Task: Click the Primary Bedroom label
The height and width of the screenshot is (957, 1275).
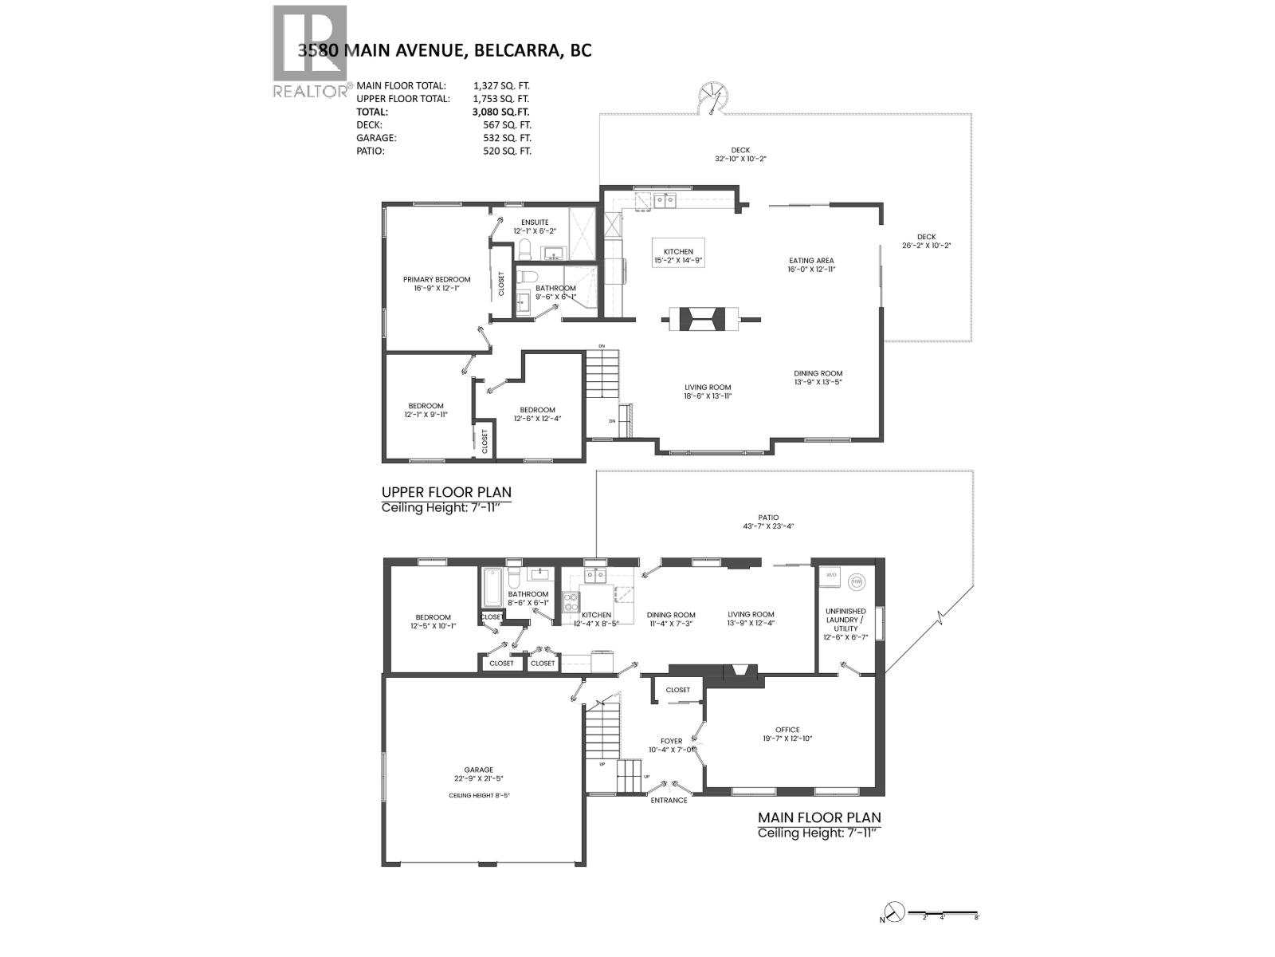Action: (437, 284)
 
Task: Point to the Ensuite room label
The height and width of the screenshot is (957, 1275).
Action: (535, 226)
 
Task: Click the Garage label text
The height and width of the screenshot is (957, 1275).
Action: (479, 774)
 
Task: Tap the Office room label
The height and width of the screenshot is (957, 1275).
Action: (787, 734)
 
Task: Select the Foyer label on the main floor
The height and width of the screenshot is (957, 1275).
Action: (671, 745)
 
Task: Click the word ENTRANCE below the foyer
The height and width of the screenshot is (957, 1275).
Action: (669, 800)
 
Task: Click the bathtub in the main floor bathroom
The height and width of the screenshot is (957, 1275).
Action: (488, 589)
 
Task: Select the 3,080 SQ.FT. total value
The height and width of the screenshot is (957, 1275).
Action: (500, 112)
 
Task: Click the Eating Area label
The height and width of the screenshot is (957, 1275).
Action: (811, 265)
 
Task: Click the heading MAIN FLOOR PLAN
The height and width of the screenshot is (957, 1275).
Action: (819, 817)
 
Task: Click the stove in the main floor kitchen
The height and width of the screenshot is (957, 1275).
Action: (571, 601)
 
